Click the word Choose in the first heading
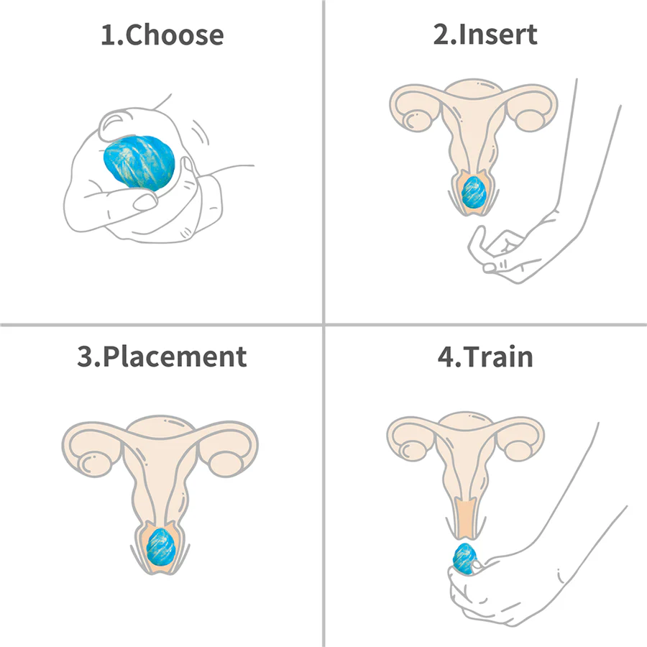pyautogui.click(x=174, y=35)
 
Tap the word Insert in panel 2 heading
pyautogui.click(x=497, y=34)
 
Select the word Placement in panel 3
pyautogui.click(x=175, y=357)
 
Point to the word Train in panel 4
pyautogui.click(x=497, y=357)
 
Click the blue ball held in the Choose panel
pyautogui.click(x=139, y=162)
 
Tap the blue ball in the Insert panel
pyautogui.click(x=474, y=191)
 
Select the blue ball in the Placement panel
pyautogui.click(x=160, y=547)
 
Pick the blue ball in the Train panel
pyautogui.click(x=465, y=559)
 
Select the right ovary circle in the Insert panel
pyautogui.click(x=529, y=119)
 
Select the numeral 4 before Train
pyautogui.click(x=446, y=357)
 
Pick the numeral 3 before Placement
pyautogui.click(x=85, y=357)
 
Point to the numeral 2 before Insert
pyautogui.click(x=441, y=35)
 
